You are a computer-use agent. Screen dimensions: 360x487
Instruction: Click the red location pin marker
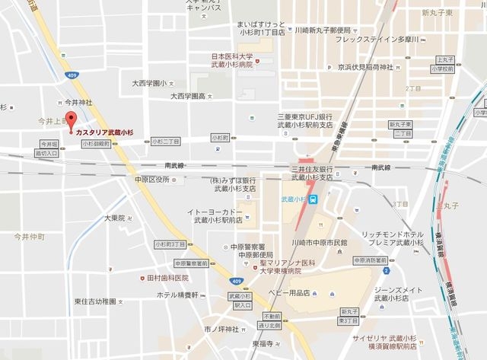click(71, 119)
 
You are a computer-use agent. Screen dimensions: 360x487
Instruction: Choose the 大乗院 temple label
click(114, 218)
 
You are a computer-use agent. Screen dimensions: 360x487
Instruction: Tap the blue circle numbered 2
click(387, 270)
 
